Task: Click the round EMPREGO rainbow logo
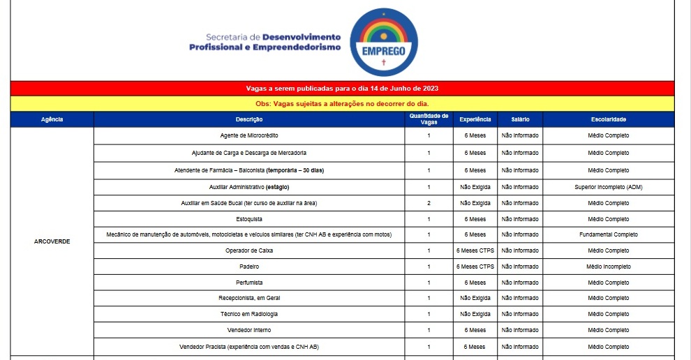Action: tap(383, 42)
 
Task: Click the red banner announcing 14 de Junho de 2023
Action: tap(342, 89)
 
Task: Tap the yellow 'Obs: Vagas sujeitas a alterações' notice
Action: tap(342, 104)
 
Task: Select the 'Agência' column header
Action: tap(52, 119)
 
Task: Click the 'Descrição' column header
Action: tap(249, 119)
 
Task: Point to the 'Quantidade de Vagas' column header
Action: tap(429, 119)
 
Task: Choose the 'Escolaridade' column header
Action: tap(608, 119)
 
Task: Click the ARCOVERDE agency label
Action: tap(52, 241)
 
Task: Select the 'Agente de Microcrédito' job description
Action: tap(249, 135)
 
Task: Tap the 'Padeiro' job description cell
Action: tap(249, 267)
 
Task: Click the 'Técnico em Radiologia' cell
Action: tap(249, 314)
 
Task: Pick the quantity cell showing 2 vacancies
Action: tap(429, 203)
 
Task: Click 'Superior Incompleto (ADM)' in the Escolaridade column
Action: tap(608, 187)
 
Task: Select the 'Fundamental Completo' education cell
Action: tap(608, 234)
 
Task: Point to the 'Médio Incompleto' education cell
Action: tap(608, 267)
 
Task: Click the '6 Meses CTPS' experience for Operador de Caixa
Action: tap(475, 250)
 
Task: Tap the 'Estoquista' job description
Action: tap(249, 219)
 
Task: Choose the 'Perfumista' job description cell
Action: tap(249, 283)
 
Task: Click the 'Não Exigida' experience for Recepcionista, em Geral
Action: tap(475, 298)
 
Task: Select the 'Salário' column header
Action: tap(520, 119)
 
